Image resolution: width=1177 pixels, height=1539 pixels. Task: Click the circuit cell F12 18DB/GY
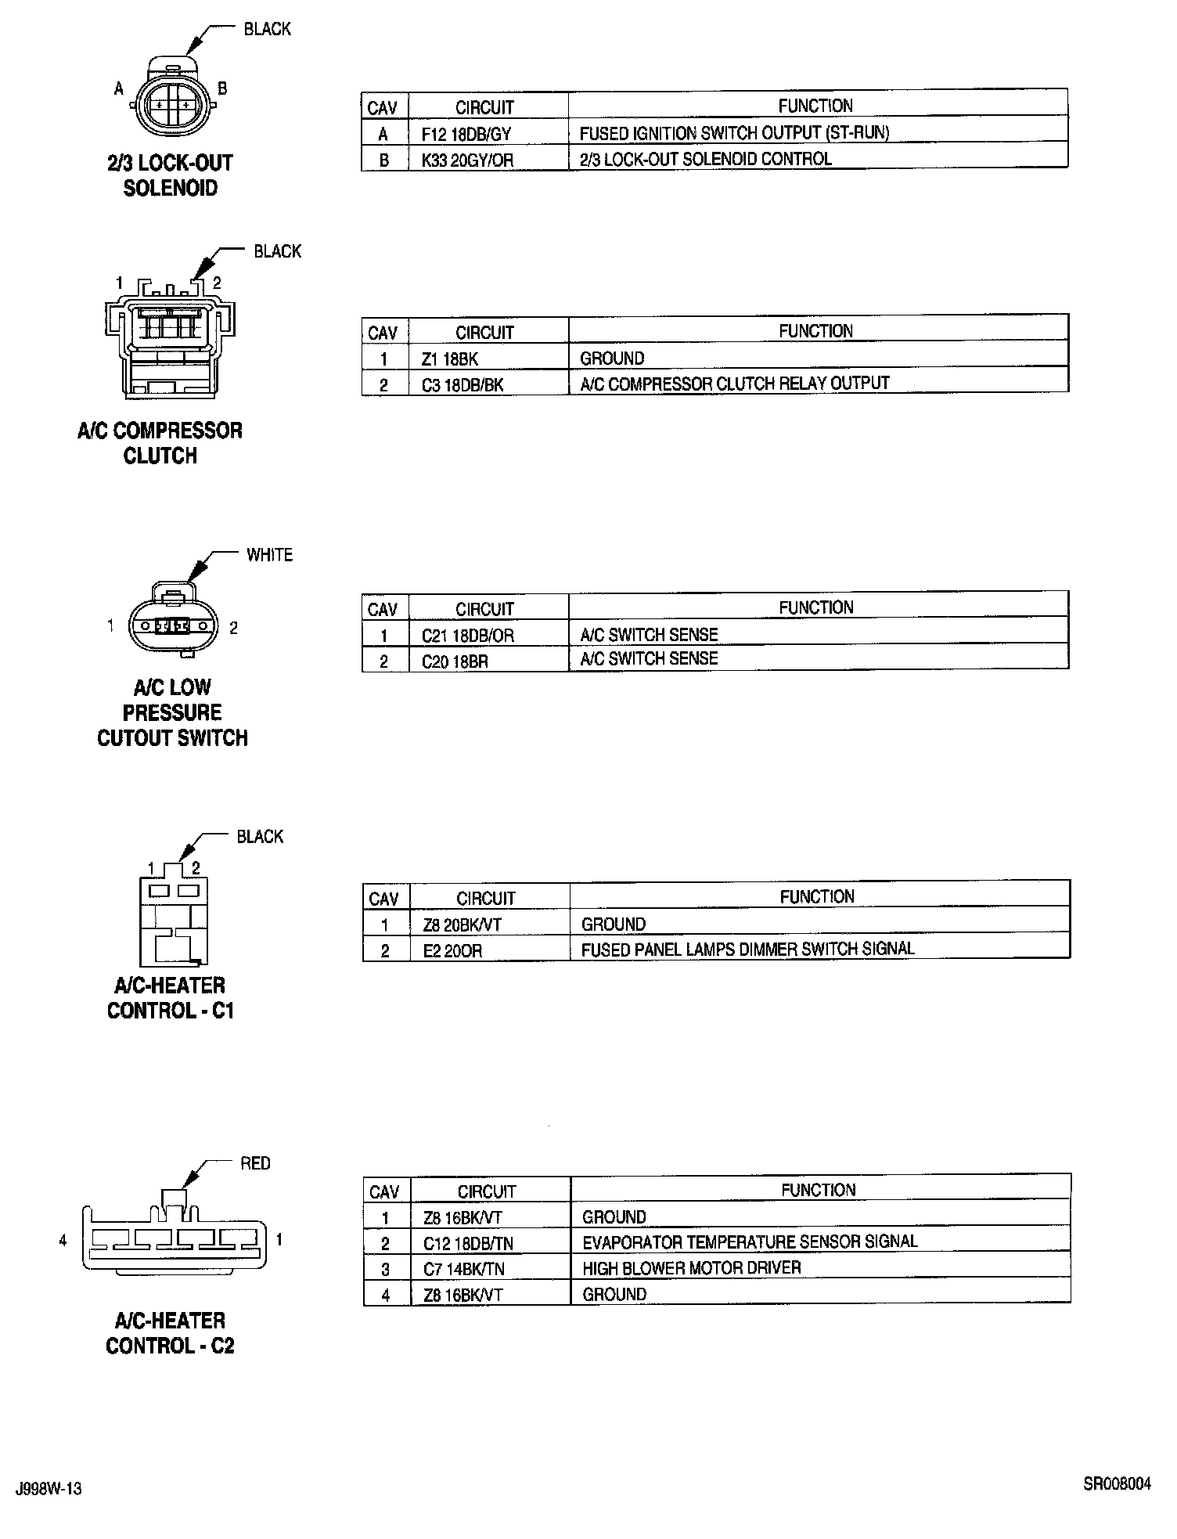(466, 134)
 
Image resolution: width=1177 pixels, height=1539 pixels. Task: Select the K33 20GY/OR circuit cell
(467, 160)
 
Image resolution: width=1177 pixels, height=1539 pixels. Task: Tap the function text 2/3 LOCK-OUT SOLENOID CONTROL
(705, 159)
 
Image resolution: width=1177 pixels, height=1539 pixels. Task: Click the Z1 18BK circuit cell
(449, 359)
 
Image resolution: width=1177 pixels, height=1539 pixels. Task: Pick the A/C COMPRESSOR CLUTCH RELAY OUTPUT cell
(735, 384)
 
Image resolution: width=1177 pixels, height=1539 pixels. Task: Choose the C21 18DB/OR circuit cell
(468, 636)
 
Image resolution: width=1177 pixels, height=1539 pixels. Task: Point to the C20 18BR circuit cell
(455, 661)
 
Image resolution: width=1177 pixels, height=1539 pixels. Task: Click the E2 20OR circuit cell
(452, 951)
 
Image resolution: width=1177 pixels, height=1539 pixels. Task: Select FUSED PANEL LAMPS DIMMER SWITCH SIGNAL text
(747, 950)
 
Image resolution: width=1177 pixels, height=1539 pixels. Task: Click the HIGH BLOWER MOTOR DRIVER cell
(692, 1268)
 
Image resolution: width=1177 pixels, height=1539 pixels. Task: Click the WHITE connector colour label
(269, 555)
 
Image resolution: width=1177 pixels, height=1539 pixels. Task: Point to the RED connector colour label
(255, 1164)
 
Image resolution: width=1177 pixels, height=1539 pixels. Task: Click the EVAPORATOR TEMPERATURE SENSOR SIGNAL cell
(750, 1242)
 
